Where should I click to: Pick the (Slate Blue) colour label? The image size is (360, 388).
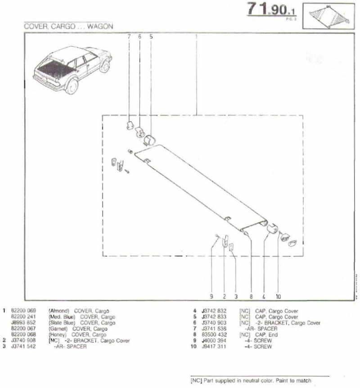pyautogui.click(x=61, y=323)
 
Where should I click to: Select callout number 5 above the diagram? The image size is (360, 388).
pyautogui.click(x=151, y=36)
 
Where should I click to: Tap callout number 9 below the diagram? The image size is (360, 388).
pyautogui.click(x=211, y=297)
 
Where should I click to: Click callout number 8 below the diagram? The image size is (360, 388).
pyautogui.click(x=251, y=297)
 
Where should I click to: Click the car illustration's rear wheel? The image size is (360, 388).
pyautogui.click(x=72, y=86)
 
